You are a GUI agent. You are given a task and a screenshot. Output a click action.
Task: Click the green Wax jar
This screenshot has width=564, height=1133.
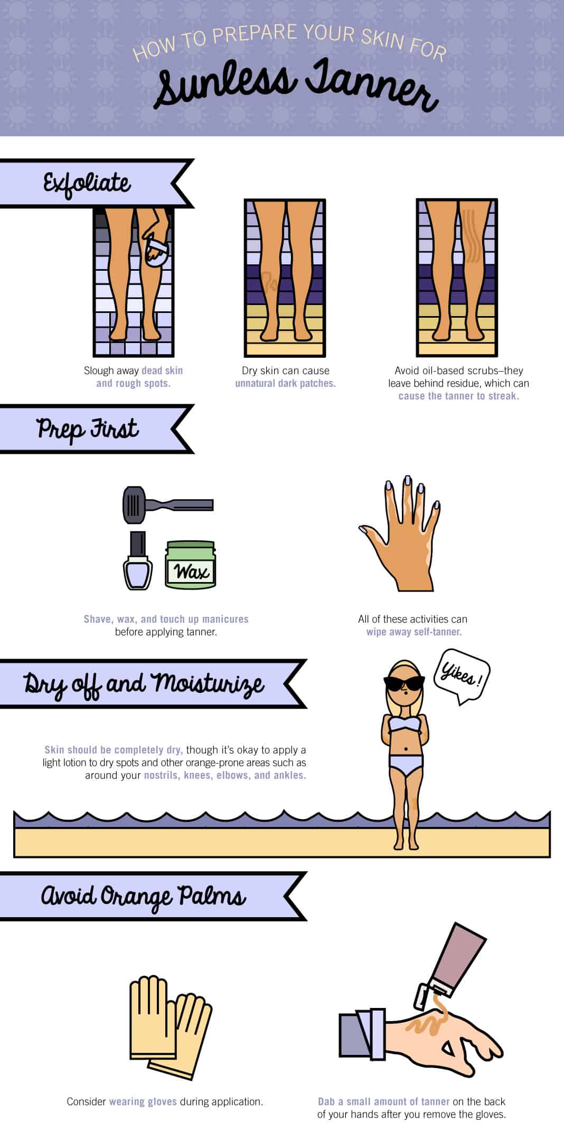click(x=191, y=565)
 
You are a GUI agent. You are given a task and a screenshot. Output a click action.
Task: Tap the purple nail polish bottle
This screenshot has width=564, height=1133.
click(x=138, y=561)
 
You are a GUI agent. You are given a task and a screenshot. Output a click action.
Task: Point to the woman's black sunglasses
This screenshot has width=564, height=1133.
click(x=404, y=683)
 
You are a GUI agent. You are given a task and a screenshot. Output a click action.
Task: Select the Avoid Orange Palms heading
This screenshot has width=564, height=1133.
click(x=144, y=897)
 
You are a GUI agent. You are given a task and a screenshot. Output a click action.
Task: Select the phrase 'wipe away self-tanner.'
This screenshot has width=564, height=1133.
click(x=414, y=632)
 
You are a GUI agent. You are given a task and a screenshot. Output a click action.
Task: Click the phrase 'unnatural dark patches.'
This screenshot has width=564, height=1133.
click(x=285, y=384)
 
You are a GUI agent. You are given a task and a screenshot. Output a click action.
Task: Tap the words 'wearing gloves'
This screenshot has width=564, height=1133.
click(x=143, y=1102)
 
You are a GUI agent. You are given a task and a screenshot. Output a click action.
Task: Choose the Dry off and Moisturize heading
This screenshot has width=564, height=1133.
click(x=144, y=684)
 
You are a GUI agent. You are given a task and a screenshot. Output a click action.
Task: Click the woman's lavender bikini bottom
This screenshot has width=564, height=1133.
click(x=406, y=764)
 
